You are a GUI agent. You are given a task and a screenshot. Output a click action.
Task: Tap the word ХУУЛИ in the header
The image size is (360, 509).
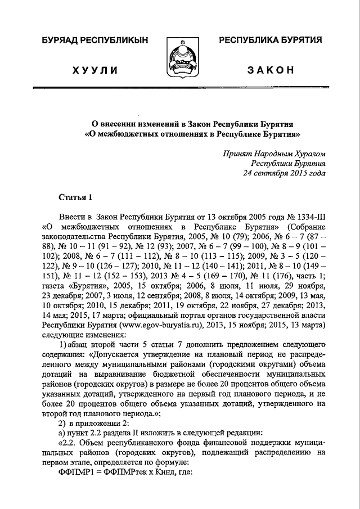[95, 70]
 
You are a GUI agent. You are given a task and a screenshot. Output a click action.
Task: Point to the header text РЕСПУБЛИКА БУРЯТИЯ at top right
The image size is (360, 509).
[270, 41]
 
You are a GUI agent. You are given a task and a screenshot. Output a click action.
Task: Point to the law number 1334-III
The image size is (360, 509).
[307, 217]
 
